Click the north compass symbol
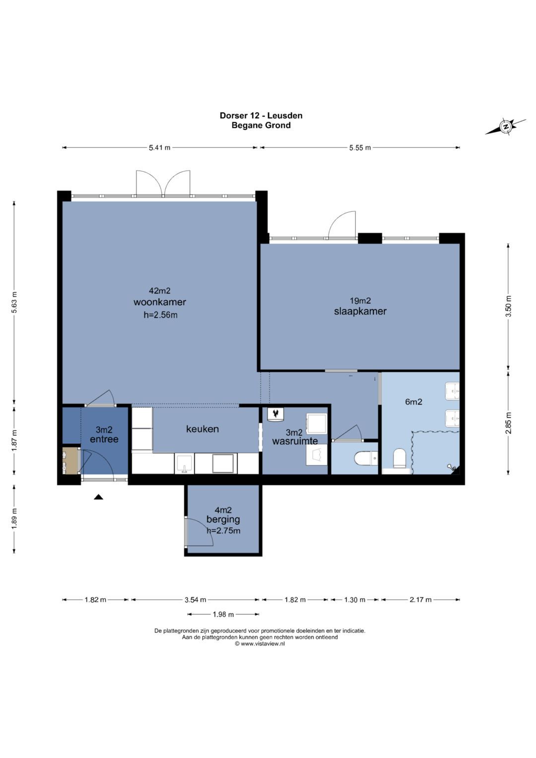pos(506,127)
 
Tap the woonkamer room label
pos(160,302)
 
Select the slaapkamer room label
pos(360,311)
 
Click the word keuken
pos(202,429)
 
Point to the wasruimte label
pos(295,441)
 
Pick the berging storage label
pos(223,519)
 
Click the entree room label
pos(104,439)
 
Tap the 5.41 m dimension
pos(159,147)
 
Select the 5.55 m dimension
pos(360,147)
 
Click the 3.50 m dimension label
pos(509,306)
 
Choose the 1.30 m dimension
pos(355,600)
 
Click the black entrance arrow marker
pos(98,497)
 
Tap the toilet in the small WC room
pos(366,459)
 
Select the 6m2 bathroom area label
pos(413,402)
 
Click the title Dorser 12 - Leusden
pos(261,115)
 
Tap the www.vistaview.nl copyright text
pos(260,644)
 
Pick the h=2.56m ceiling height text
pos(160,315)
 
